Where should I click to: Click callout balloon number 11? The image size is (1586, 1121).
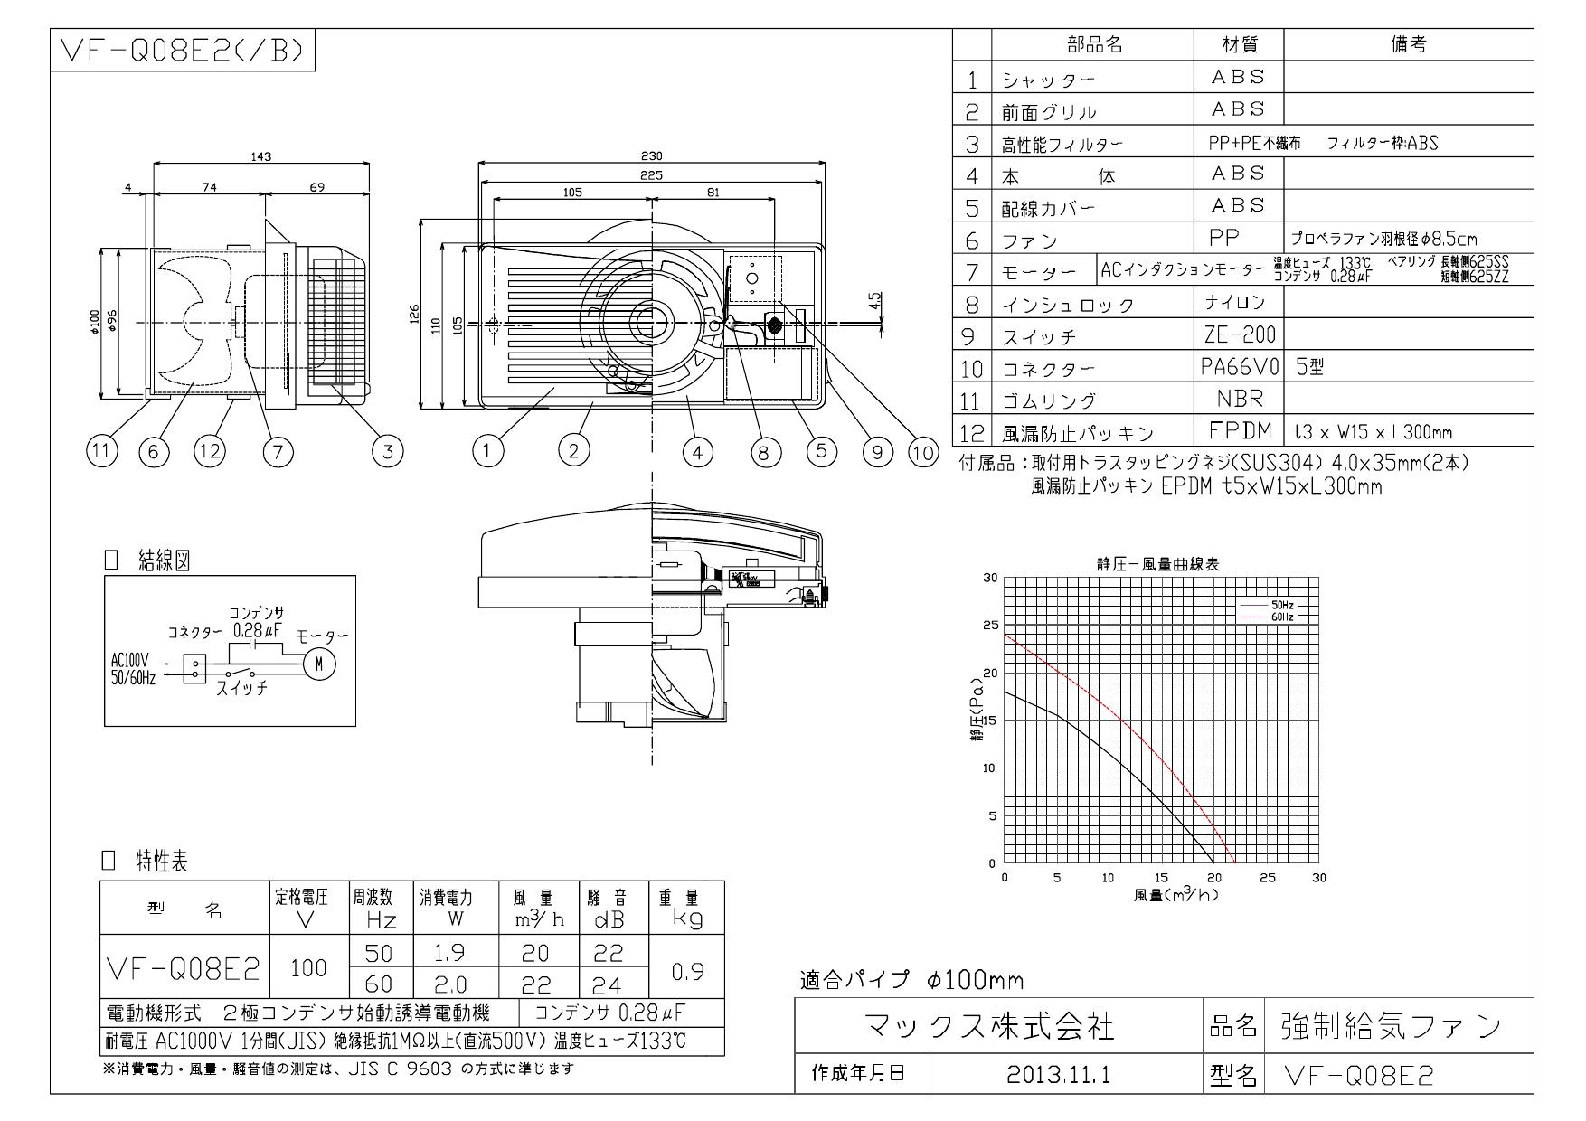[x=101, y=452]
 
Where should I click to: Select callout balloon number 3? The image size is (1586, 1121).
[x=387, y=452]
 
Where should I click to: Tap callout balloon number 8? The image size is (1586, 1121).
[x=765, y=452]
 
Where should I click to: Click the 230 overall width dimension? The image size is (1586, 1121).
[x=652, y=156]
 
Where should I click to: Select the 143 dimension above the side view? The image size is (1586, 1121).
[x=261, y=156]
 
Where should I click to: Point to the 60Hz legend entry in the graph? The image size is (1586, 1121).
[x=1281, y=616]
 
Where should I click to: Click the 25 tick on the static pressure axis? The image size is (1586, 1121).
[x=991, y=625]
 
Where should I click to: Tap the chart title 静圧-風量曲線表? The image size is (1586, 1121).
[x=1157, y=564]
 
